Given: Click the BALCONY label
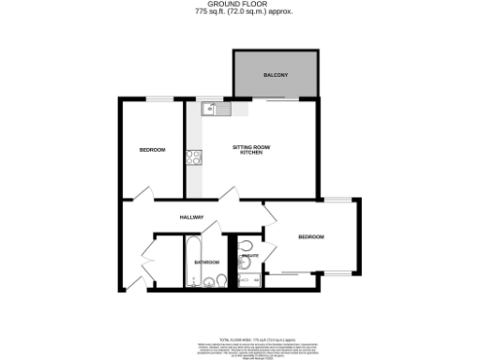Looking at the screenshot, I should tap(275, 74).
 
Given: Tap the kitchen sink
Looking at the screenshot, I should tap(213, 110).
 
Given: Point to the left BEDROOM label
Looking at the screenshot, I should tap(152, 150).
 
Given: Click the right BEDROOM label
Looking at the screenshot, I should tap(310, 237).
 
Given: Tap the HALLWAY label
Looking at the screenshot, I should tap(192, 217).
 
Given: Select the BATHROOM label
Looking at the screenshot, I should tap(206, 262).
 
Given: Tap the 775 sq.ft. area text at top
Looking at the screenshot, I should tap(239, 13).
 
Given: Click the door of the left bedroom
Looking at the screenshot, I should tap(142, 194).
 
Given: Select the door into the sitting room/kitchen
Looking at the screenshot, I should tap(229, 193).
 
